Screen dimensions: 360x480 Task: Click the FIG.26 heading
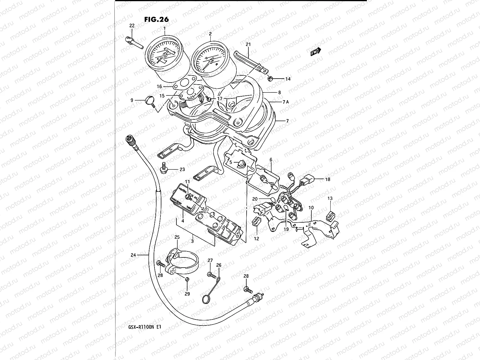(x=156, y=19)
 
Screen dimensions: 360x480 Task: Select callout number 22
(x=132, y=26)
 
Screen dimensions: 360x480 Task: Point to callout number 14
(x=288, y=79)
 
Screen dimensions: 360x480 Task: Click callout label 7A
(x=285, y=102)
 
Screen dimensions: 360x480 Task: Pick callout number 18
(x=328, y=179)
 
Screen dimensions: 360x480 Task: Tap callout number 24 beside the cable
(x=133, y=255)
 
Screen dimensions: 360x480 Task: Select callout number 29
(x=187, y=294)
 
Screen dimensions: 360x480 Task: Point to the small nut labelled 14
(x=270, y=79)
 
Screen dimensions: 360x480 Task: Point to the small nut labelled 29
(x=187, y=280)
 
